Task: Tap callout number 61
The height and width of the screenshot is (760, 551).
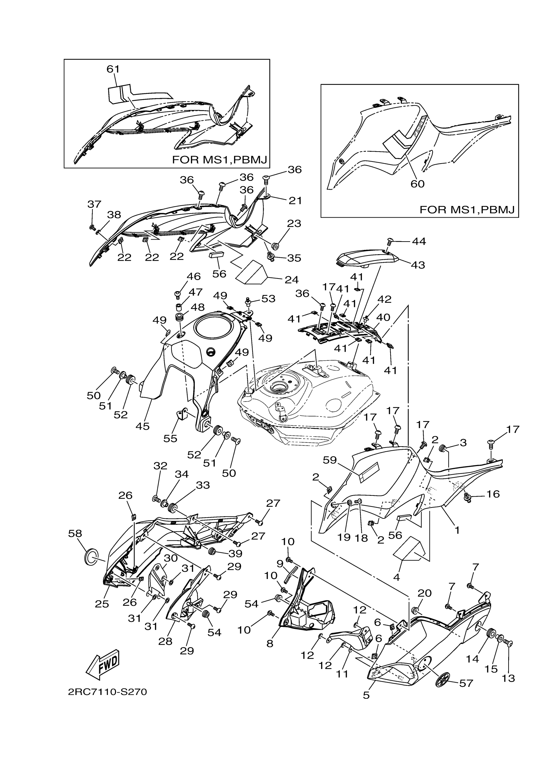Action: click(x=113, y=69)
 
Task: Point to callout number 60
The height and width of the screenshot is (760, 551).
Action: click(x=417, y=184)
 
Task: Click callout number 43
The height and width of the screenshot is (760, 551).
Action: click(x=418, y=265)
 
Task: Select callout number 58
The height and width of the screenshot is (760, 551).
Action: click(x=75, y=533)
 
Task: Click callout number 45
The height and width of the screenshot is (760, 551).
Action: click(x=142, y=426)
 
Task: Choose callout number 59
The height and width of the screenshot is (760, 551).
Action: click(x=330, y=460)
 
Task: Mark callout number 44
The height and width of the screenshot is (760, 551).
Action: click(x=419, y=241)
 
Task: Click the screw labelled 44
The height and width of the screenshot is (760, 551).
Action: click(x=390, y=241)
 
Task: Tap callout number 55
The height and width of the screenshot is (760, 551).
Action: click(x=170, y=438)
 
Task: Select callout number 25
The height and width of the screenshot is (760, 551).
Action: click(x=102, y=604)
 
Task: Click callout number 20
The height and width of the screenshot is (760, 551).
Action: click(x=424, y=593)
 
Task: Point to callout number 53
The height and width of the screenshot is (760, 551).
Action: click(x=268, y=299)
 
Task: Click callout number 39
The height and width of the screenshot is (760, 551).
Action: click(x=235, y=553)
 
